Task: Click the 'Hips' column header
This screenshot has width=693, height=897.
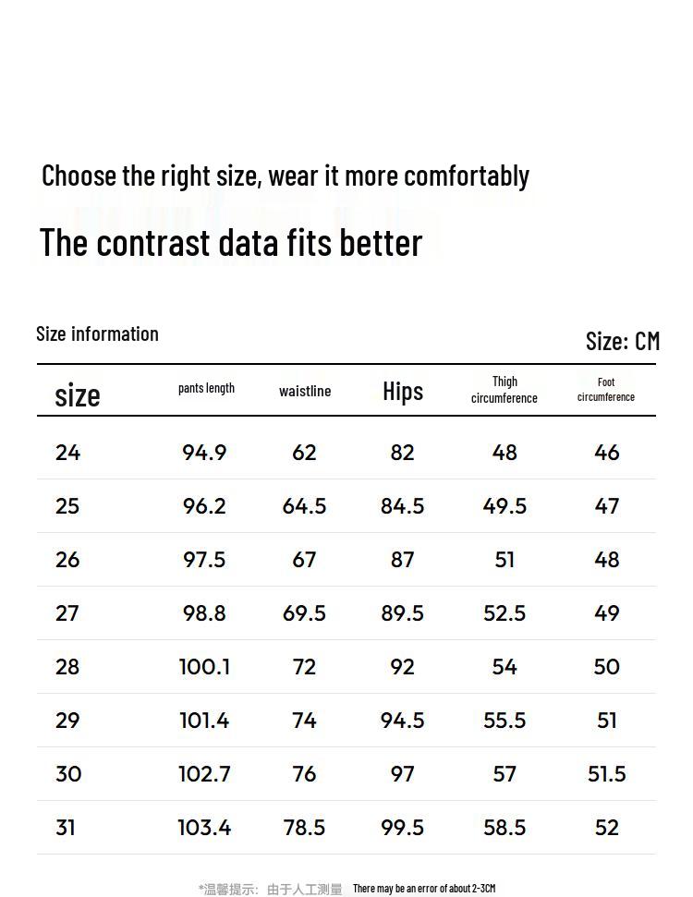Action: (x=403, y=391)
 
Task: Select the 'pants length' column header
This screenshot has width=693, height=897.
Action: (x=206, y=388)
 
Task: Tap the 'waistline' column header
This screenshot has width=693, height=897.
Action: (x=305, y=391)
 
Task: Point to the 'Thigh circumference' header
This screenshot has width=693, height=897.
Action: (x=505, y=390)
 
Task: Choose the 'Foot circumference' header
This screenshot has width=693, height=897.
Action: (x=606, y=389)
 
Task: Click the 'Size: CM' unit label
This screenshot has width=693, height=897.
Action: (x=623, y=341)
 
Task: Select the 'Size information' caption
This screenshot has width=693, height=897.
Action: (x=97, y=333)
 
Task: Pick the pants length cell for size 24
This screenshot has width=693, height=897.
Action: (x=204, y=453)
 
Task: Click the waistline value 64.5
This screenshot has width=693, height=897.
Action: (x=304, y=506)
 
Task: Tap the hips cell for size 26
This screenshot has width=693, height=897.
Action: (x=403, y=560)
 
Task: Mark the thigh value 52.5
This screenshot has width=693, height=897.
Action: (x=505, y=613)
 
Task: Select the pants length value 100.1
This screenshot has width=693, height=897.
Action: (x=204, y=667)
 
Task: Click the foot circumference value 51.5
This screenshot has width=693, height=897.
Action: (x=607, y=774)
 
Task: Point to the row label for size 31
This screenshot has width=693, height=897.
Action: (x=66, y=828)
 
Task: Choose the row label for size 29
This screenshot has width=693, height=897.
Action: (x=67, y=721)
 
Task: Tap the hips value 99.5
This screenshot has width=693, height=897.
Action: (x=403, y=828)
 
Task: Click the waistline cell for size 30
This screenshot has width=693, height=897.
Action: (x=304, y=774)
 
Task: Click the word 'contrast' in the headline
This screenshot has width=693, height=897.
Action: (x=153, y=242)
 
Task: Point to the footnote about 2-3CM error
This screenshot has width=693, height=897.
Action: (x=424, y=889)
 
